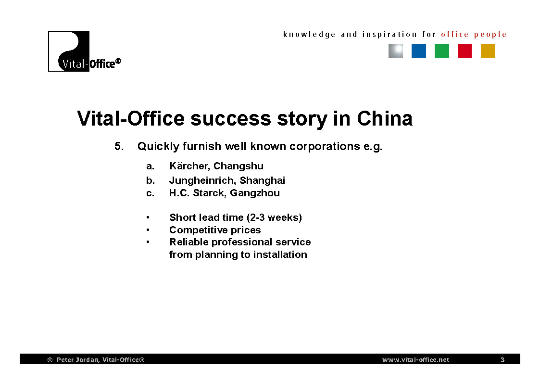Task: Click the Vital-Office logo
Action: (84, 51)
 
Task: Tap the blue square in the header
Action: (418, 51)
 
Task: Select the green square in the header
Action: (441, 51)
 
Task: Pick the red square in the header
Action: (465, 51)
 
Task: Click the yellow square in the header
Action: (488, 51)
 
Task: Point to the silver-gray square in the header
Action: (396, 51)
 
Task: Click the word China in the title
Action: (385, 118)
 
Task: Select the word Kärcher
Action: (189, 166)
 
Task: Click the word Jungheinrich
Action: (202, 180)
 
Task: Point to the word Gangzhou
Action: (255, 193)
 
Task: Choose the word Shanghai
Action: (263, 180)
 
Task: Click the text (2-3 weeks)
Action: (274, 217)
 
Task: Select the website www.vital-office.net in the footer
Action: (415, 359)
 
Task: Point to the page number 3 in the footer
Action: (502, 359)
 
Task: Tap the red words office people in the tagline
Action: (474, 35)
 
